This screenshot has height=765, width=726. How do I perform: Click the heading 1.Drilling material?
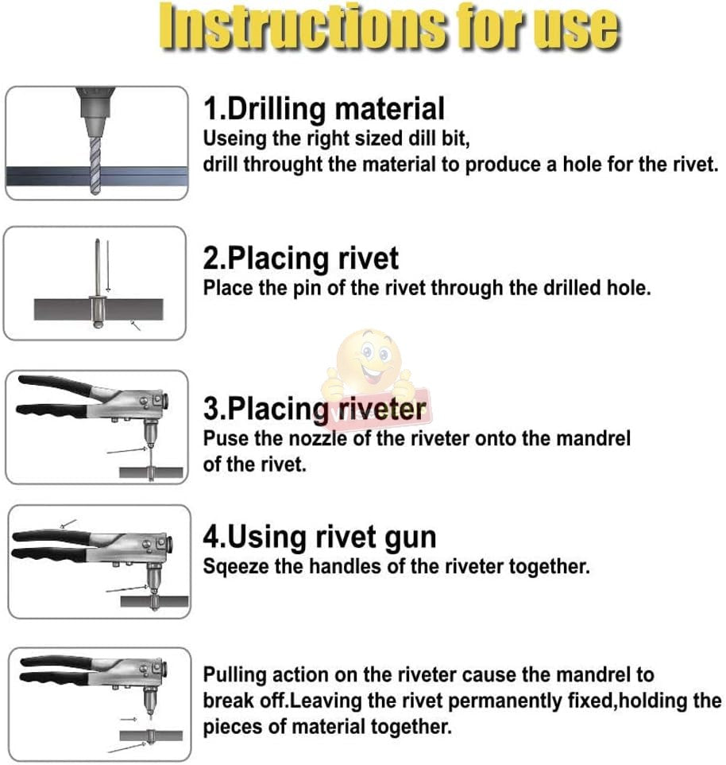[x=324, y=109]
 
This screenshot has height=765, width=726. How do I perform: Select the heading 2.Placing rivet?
[x=301, y=258]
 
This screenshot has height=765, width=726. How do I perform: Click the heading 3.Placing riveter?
[x=315, y=409]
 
